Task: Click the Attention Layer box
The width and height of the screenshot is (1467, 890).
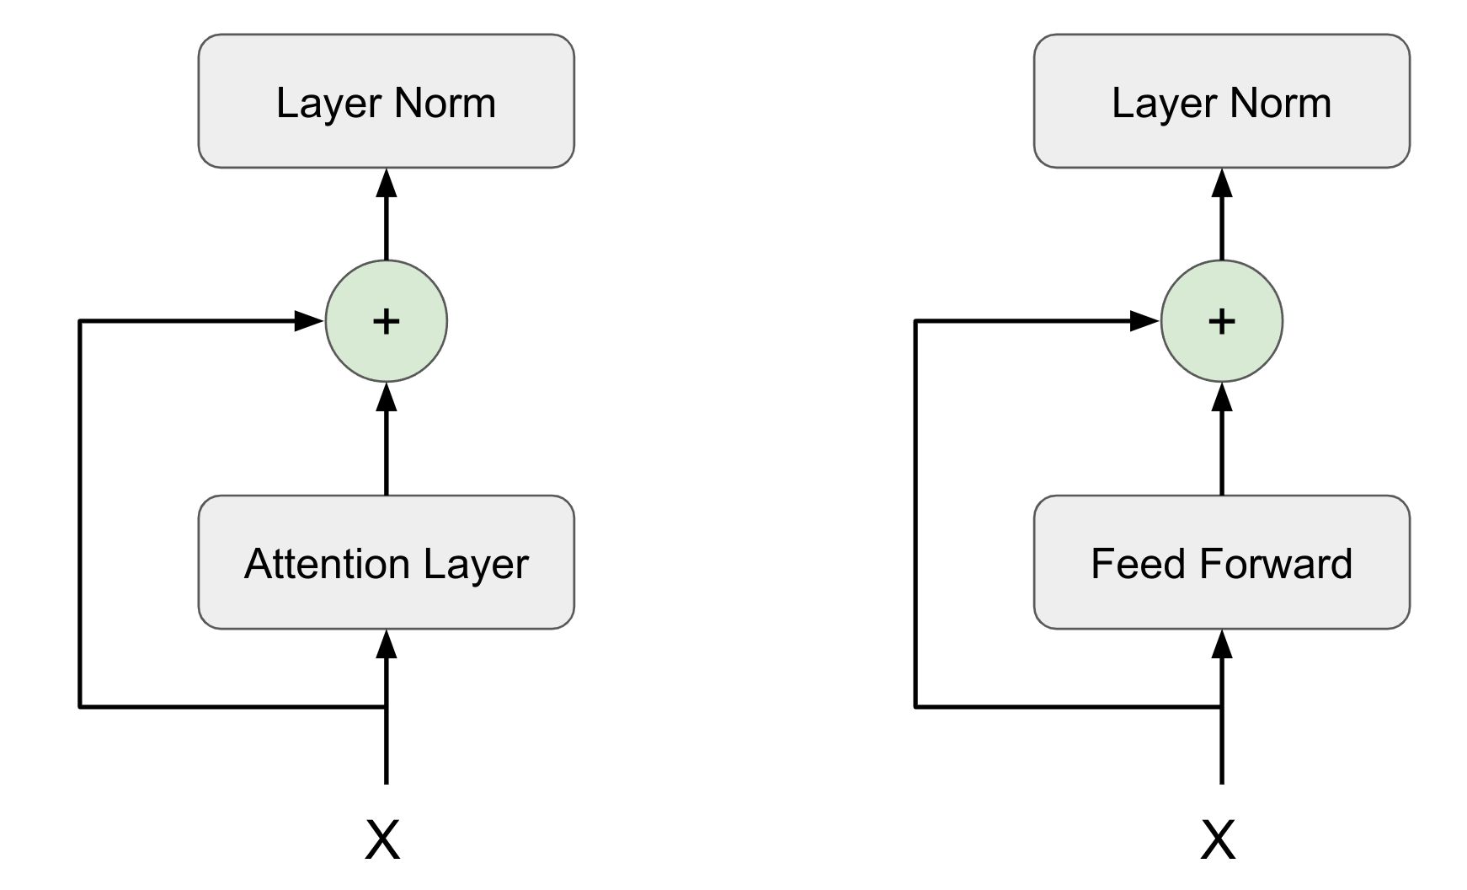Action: (386, 562)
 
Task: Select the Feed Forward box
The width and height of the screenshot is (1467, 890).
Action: (1221, 562)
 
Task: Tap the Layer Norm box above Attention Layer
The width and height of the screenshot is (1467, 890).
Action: (386, 101)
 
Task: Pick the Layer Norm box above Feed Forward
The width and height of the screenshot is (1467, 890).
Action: (1221, 101)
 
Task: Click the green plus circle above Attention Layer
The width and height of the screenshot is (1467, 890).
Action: (386, 321)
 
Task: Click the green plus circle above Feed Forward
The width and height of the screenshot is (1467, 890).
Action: (1221, 321)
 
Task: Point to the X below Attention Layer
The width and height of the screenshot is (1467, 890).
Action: (383, 839)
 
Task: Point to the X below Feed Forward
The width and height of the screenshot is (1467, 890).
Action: (1219, 839)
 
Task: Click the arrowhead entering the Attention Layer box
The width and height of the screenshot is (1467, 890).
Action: (386, 645)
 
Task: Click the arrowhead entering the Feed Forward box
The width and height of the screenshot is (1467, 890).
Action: (1221, 645)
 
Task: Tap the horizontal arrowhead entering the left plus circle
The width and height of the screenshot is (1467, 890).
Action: (308, 321)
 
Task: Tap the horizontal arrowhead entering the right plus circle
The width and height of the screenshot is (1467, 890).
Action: (1144, 321)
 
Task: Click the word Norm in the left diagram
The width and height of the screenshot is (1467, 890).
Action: (445, 103)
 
